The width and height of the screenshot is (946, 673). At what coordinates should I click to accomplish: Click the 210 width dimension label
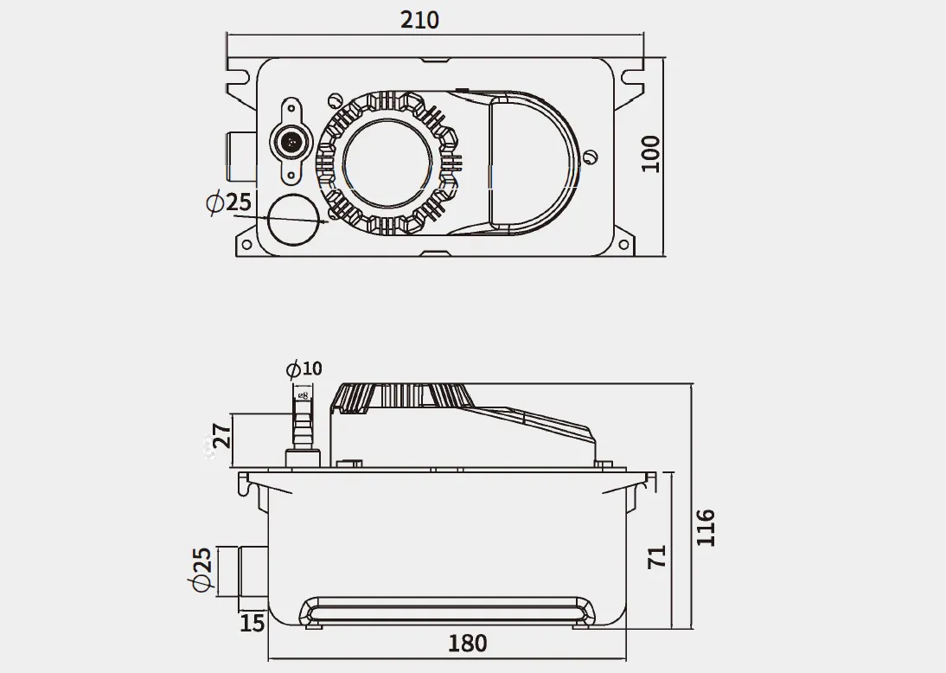coord(420,19)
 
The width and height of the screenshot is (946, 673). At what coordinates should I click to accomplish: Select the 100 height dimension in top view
coord(651,153)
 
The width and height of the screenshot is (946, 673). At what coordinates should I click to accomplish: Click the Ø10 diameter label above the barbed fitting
coord(304,369)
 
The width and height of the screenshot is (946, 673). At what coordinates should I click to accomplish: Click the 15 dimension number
coord(252,622)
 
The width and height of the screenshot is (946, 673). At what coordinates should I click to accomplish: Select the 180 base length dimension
coord(467,644)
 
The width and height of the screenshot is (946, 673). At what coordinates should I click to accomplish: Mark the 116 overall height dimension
coord(706,528)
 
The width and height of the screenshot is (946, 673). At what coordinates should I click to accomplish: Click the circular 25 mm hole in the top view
coord(293,221)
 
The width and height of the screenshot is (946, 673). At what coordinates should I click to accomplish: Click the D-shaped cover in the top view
coord(529,163)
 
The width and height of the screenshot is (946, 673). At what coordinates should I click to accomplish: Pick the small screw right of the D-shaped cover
coord(591,157)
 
